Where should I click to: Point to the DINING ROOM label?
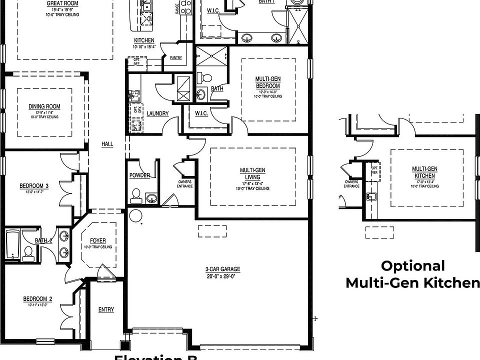click(44, 106)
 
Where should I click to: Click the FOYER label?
click(98, 240)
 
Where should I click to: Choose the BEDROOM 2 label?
click(37, 299)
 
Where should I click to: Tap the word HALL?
click(107, 144)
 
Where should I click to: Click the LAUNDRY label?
click(157, 113)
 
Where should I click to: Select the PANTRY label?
click(175, 58)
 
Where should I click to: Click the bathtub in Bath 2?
click(12, 245)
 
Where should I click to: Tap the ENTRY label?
click(106, 309)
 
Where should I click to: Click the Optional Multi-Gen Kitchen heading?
click(412, 274)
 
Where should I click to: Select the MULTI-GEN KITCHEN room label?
click(424, 172)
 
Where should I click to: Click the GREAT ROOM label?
click(62, 3)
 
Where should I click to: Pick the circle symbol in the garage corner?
click(135, 215)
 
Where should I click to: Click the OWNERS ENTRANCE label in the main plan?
click(185, 184)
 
